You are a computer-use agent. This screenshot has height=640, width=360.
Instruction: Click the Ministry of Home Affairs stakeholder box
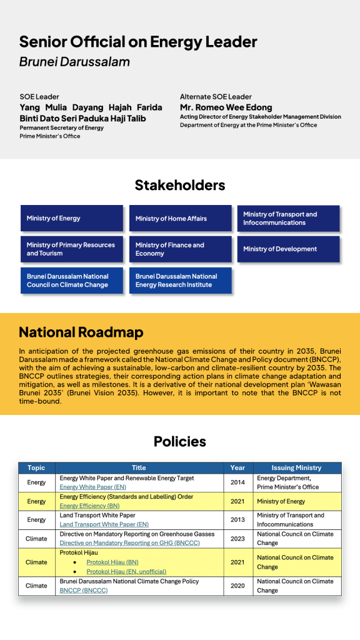(x=180, y=219)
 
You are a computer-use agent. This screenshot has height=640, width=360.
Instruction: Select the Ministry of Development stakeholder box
(x=288, y=249)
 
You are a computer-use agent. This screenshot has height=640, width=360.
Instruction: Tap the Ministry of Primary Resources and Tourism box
(x=71, y=249)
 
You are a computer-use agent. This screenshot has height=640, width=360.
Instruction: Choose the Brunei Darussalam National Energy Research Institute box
(x=180, y=281)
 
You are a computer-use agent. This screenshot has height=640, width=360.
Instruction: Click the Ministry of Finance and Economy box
(x=180, y=249)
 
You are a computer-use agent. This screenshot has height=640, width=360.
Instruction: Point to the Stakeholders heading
(x=180, y=186)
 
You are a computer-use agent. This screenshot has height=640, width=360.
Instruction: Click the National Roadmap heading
(x=81, y=332)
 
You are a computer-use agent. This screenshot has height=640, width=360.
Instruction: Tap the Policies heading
(x=180, y=442)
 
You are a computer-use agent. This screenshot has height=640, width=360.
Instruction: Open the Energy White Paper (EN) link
(x=93, y=487)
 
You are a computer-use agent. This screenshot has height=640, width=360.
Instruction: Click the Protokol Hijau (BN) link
(x=112, y=562)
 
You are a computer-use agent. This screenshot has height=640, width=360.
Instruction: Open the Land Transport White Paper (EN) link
(x=104, y=524)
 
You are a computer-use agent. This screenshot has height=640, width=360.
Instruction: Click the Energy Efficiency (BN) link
(x=90, y=506)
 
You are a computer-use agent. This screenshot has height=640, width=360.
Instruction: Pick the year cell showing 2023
(x=237, y=539)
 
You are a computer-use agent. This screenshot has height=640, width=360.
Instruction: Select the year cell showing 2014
(x=237, y=482)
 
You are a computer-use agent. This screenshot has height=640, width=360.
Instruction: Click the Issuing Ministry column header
(x=297, y=467)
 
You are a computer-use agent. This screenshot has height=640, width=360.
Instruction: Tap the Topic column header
(x=36, y=467)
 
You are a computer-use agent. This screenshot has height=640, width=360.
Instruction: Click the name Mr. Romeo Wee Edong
(x=226, y=107)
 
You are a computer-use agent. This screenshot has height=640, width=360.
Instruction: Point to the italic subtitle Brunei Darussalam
(x=74, y=62)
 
